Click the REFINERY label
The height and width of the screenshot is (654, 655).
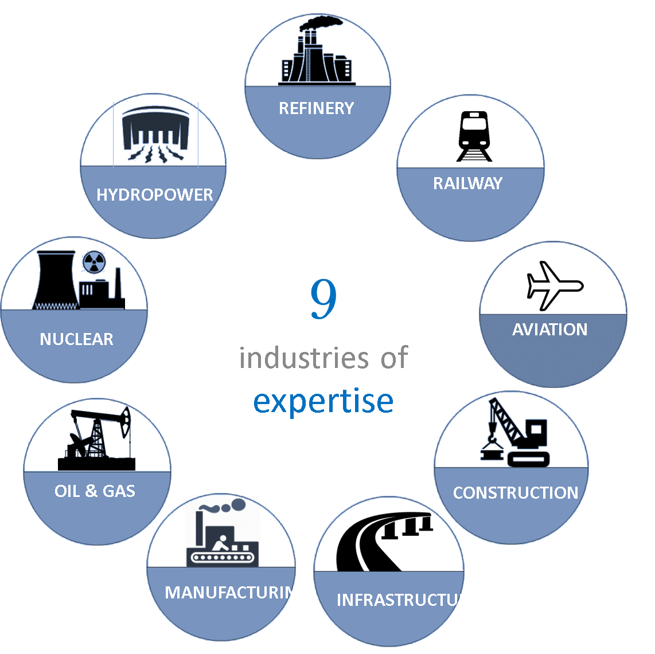pyautogui.click(x=316, y=108)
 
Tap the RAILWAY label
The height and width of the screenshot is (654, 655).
pyautogui.click(x=467, y=183)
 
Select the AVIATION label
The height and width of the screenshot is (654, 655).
pyautogui.click(x=549, y=330)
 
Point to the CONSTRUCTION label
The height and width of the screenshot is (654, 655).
pyautogui.click(x=515, y=493)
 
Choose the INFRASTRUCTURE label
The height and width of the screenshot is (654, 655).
pyautogui.click(x=407, y=600)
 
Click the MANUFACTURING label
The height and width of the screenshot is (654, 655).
pyautogui.click(x=236, y=592)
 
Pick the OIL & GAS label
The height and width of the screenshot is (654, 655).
pyautogui.click(x=95, y=491)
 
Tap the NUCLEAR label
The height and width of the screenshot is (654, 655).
pyautogui.click(x=76, y=339)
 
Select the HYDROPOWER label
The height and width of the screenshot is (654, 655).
pyautogui.click(x=154, y=195)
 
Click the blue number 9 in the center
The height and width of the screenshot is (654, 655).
pyautogui.click(x=323, y=299)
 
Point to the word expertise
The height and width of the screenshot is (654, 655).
pyautogui.click(x=323, y=401)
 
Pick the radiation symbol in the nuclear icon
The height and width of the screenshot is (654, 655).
pyautogui.click(x=94, y=263)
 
